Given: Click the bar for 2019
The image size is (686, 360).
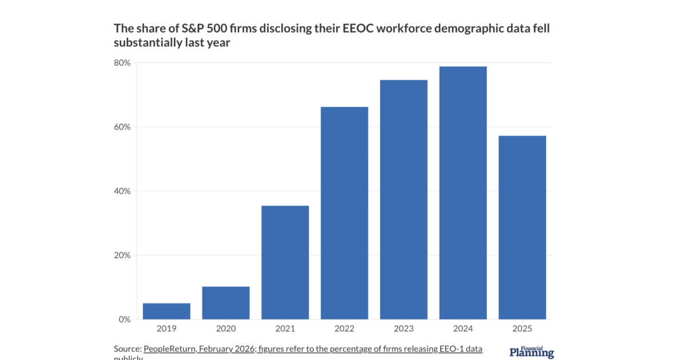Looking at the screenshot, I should pos(166,311).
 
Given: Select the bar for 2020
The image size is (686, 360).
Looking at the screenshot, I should pos(226,303).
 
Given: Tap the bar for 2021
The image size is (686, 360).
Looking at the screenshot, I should pos(285,262).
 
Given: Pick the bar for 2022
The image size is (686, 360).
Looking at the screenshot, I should pos(344,213).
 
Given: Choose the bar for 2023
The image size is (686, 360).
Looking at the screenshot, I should pos(404,199).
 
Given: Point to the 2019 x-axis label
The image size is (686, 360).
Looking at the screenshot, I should pos(166,329).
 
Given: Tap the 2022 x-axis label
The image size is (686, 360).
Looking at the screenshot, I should pos(344,329).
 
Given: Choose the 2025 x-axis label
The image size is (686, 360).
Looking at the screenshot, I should pos(522,329).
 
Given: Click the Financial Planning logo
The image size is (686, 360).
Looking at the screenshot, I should pos(531,352).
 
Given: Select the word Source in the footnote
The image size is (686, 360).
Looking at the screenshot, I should pos(127,349).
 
